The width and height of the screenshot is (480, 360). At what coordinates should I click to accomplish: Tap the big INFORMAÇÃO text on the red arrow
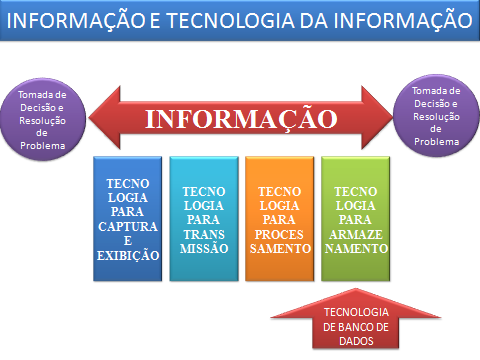[x=240, y=119]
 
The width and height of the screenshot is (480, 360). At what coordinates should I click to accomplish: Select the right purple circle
[x=435, y=115]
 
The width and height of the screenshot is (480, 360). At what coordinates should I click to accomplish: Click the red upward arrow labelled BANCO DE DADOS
[x=336, y=322]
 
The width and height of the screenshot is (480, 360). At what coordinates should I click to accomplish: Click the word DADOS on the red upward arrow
[x=336, y=341]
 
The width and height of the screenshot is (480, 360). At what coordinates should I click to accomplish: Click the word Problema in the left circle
[x=43, y=147]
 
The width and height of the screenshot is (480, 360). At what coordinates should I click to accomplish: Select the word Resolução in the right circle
[x=435, y=115]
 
